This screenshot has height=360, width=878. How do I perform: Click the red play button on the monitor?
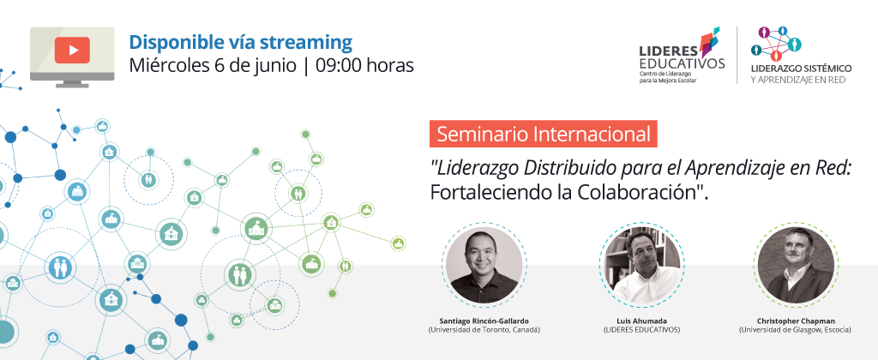coord(72,50)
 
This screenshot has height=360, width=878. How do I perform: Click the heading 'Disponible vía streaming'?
coord(241,42)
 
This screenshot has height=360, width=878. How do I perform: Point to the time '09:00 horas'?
coord(365,65)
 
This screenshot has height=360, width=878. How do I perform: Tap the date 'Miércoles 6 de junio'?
coord(213,66)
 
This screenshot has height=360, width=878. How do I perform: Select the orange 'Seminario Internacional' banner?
coord(544,135)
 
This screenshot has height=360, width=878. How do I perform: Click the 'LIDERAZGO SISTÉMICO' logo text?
coord(802,69)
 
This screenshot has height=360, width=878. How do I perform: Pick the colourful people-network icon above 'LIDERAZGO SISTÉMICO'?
coord(776,44)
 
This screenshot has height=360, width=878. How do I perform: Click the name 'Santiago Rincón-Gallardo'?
coord(484,321)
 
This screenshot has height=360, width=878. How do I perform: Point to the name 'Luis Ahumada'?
coord(641,321)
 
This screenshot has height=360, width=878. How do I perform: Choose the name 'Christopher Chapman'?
coord(795,321)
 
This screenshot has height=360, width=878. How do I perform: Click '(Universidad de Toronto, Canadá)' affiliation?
coord(484,330)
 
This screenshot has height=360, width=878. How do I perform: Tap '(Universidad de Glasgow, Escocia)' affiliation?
coord(795,330)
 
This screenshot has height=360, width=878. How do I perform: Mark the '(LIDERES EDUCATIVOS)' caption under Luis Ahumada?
coord(641,330)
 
